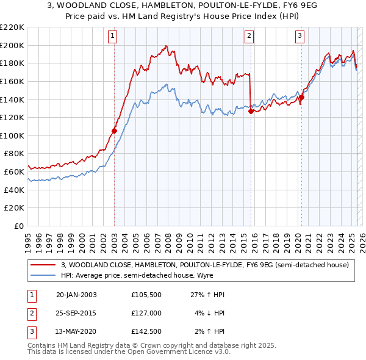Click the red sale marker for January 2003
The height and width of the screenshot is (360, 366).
(114, 131)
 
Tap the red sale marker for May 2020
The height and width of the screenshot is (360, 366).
(301, 97)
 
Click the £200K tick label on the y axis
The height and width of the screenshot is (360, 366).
(12, 45)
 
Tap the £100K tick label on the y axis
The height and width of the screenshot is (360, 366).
(12, 135)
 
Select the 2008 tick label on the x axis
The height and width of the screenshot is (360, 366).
(168, 239)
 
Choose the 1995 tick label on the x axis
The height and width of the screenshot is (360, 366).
(29, 239)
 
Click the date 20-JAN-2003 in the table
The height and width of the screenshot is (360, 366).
(76, 295)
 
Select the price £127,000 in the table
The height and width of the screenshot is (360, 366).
(146, 313)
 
